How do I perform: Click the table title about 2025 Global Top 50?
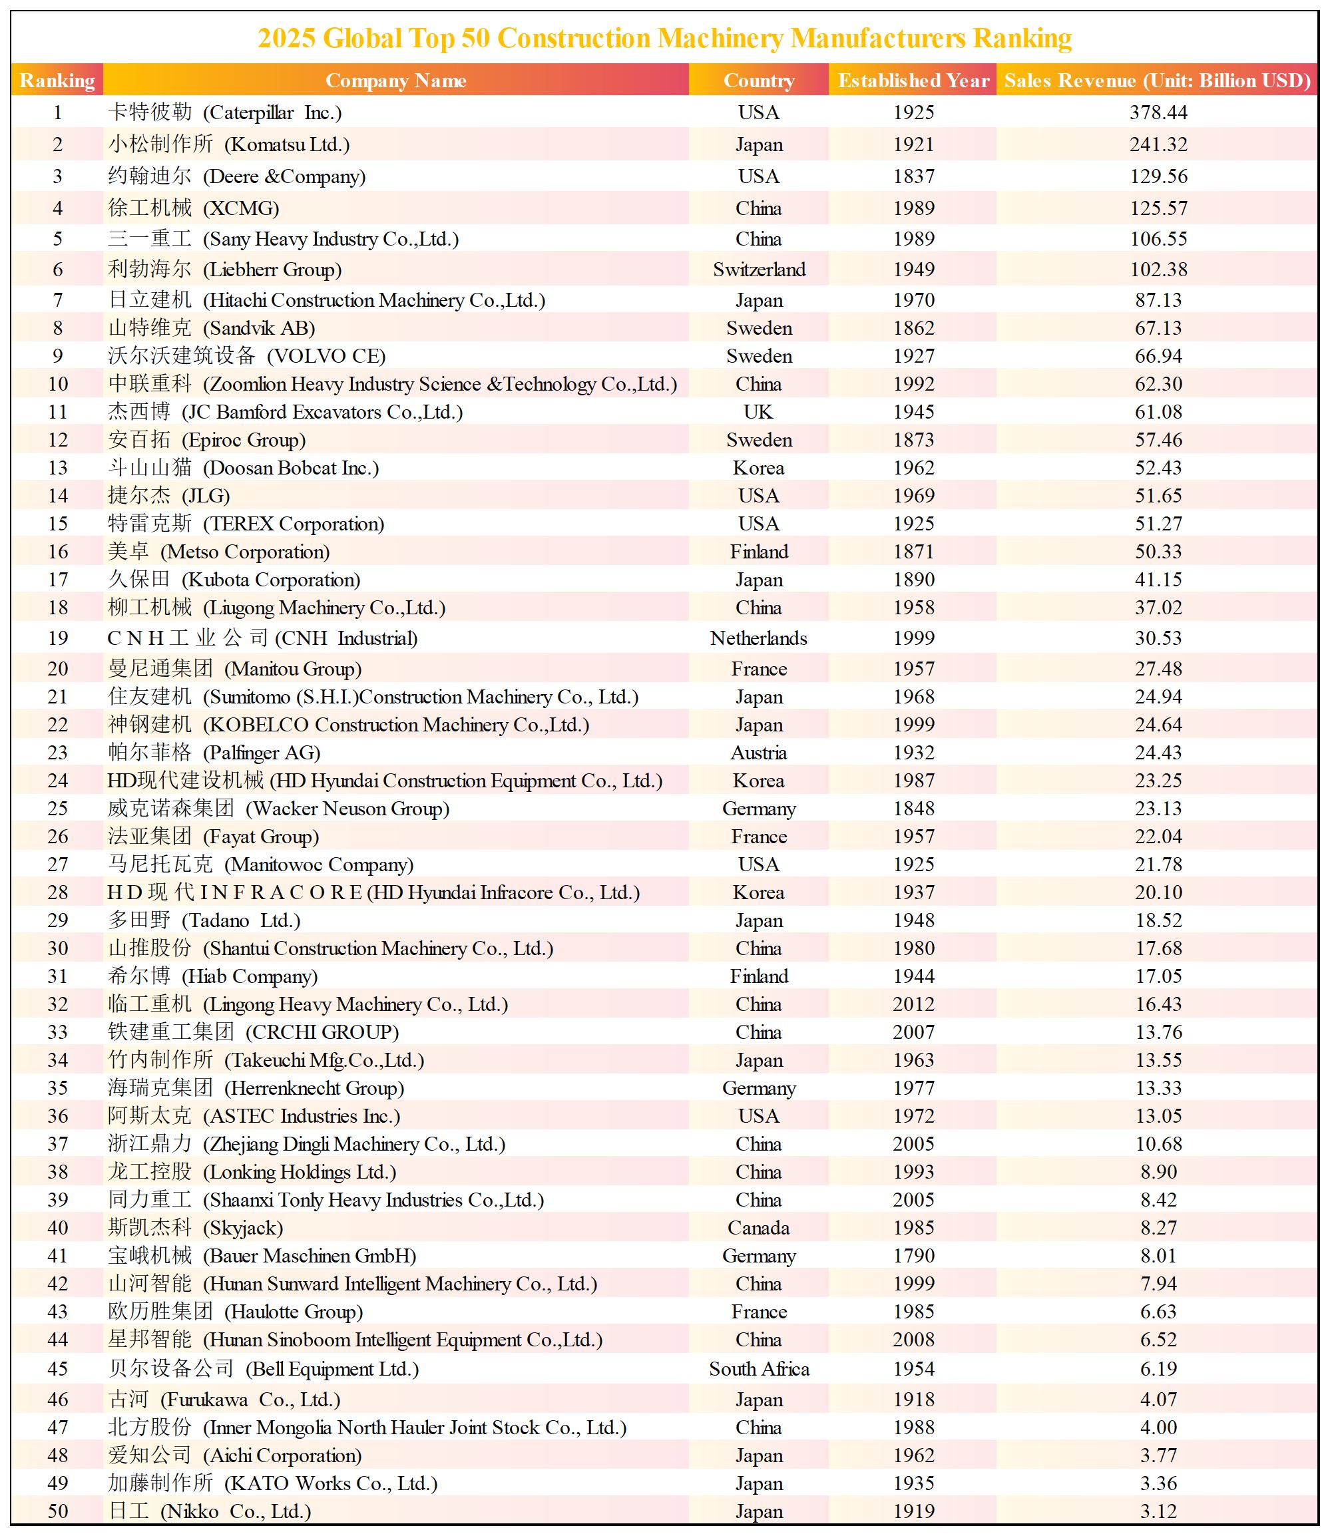click(664, 38)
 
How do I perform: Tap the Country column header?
click(758, 80)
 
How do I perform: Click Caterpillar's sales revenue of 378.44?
click(1158, 112)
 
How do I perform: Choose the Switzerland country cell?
click(758, 270)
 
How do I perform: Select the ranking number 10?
click(58, 385)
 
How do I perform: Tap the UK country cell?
click(758, 412)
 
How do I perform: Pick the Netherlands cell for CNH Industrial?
click(758, 638)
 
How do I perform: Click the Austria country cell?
click(758, 753)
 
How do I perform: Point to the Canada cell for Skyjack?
click(758, 1227)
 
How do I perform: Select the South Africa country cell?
click(758, 1369)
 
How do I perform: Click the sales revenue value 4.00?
click(1158, 1427)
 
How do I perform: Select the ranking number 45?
click(58, 1369)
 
